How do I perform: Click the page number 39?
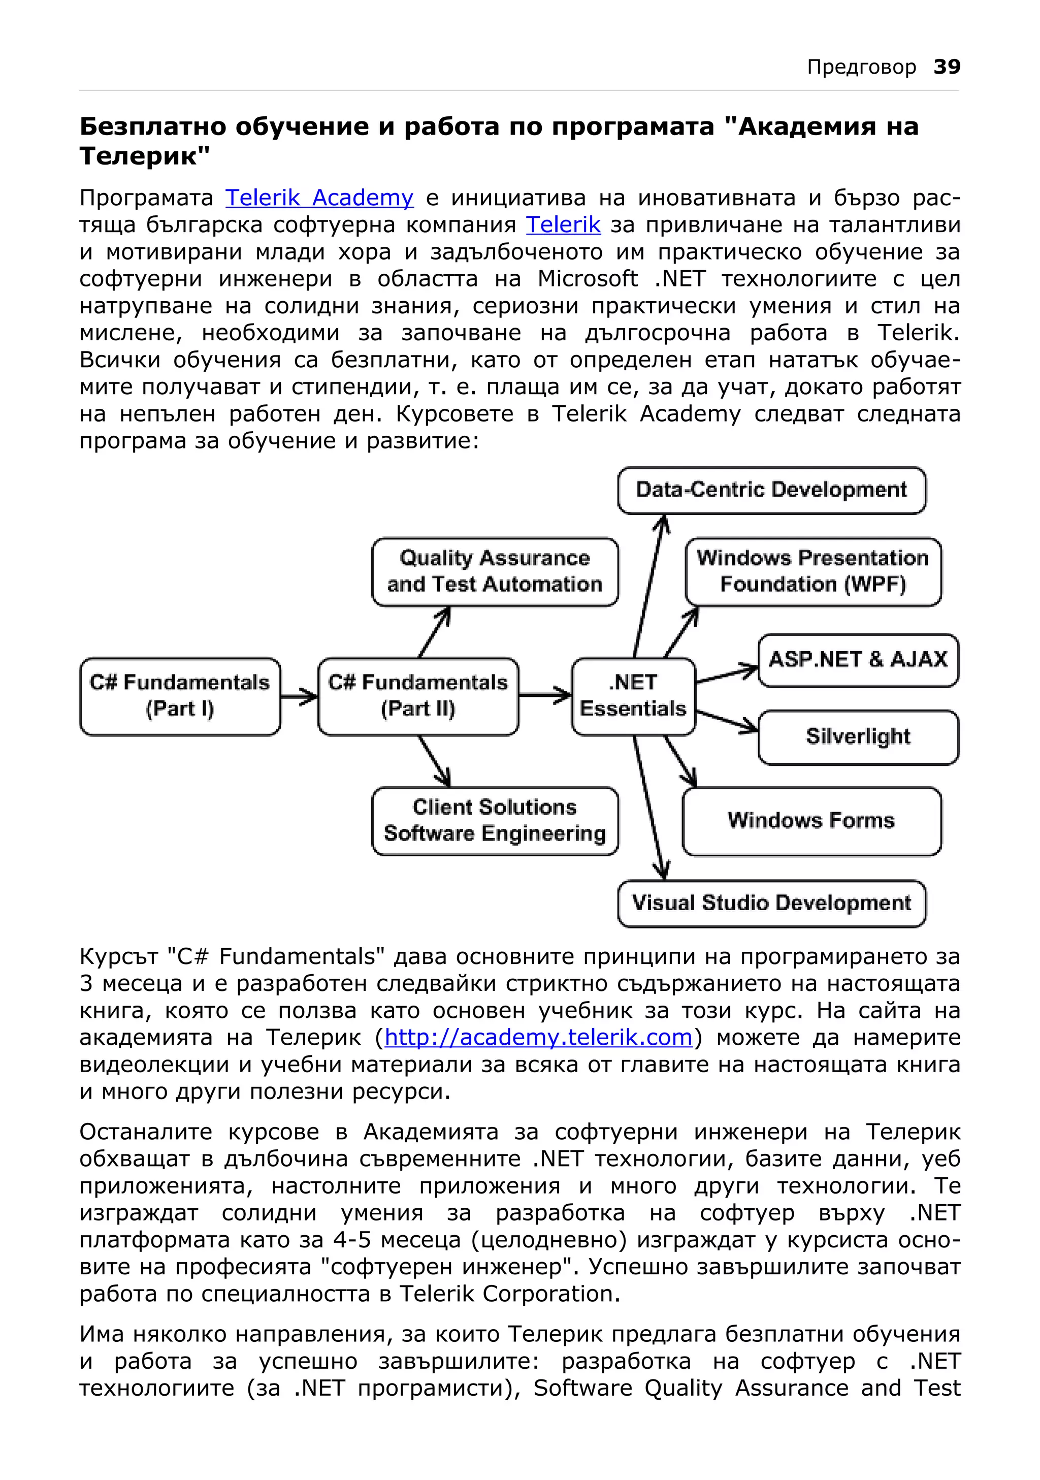pyautogui.click(x=947, y=67)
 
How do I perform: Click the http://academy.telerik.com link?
pyautogui.click(x=538, y=1037)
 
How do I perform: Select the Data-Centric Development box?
pyautogui.click(x=771, y=490)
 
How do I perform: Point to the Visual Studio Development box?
pyautogui.click(x=771, y=903)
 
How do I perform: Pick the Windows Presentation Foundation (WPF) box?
pyautogui.click(x=812, y=571)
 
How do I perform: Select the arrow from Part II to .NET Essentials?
pyautogui.click(x=544, y=695)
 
